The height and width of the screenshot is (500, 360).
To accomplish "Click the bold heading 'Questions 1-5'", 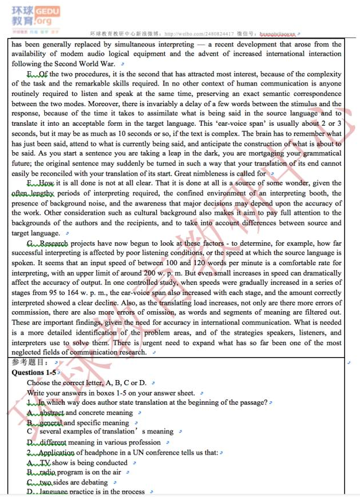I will coord(34,372).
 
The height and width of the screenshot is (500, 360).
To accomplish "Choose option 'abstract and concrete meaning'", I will coord(87,413).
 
